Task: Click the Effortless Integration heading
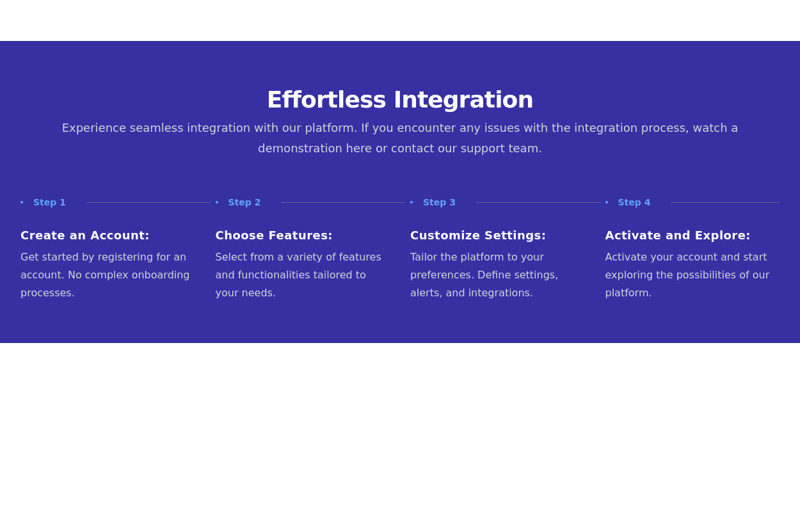399,100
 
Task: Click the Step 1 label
49,202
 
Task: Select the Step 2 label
244,202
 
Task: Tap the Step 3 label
439,202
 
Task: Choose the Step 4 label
634,202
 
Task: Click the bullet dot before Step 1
22,202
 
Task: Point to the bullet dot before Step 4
607,202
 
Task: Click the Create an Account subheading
84,236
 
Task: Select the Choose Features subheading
274,236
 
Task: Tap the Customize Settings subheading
478,236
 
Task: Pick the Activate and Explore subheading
677,236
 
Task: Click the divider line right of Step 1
148,202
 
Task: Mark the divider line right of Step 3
538,202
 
